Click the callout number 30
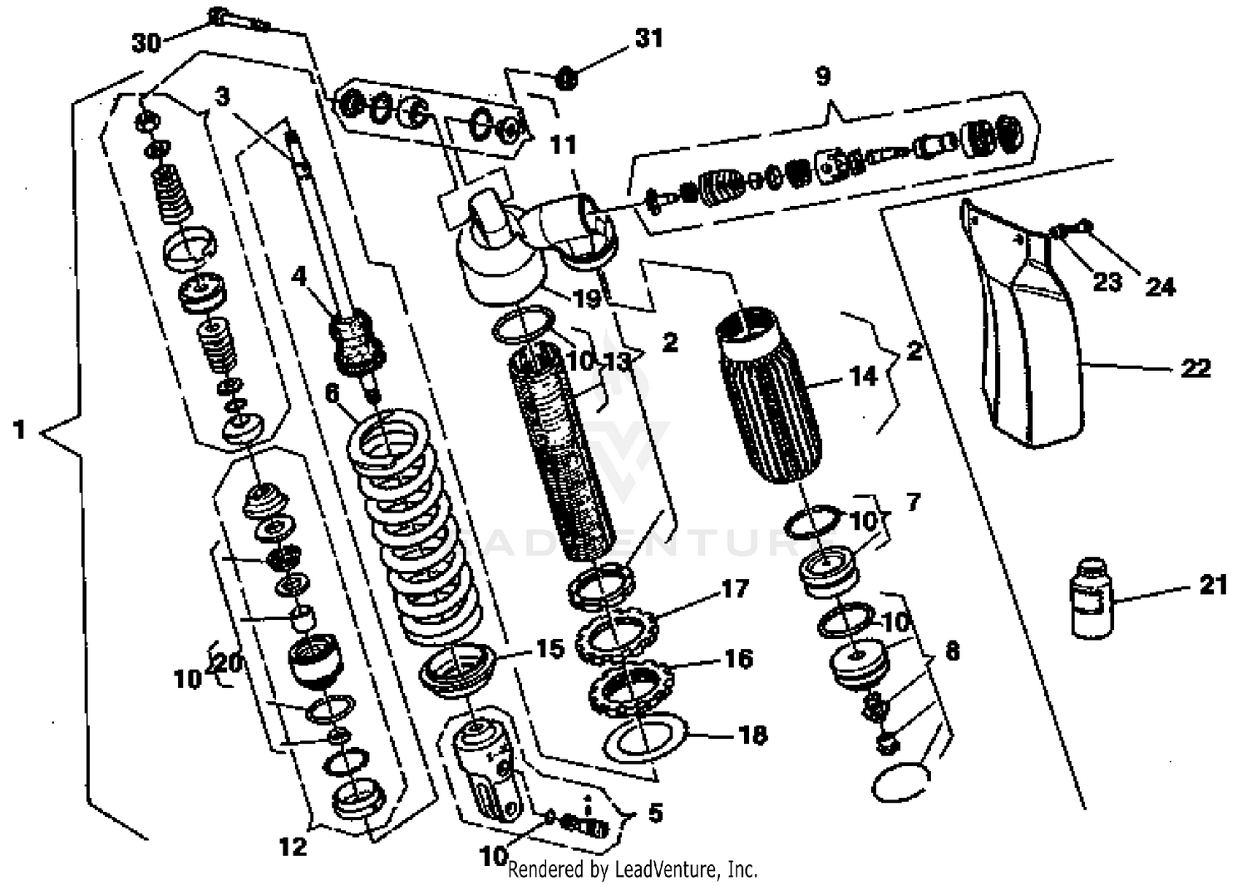point(146,42)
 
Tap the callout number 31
point(648,38)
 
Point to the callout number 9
point(822,76)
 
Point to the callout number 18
point(753,735)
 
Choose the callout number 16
point(738,659)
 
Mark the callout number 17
point(735,589)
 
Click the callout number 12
point(293,847)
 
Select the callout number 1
point(19,430)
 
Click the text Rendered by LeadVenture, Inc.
point(633,869)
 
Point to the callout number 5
point(655,813)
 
